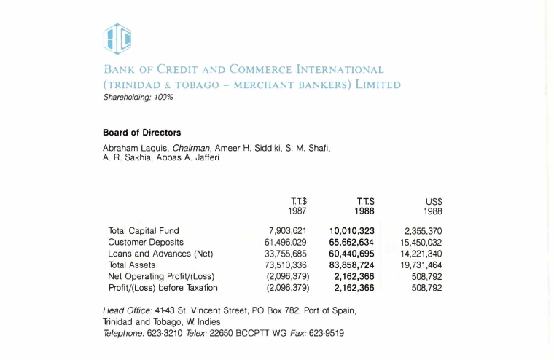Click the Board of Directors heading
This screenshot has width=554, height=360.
point(142,133)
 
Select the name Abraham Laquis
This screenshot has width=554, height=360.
point(127,149)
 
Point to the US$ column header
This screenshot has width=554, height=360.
point(434,202)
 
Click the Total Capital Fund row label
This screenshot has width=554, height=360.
point(144,231)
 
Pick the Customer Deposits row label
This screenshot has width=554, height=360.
point(146,242)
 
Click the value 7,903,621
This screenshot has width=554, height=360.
point(288,231)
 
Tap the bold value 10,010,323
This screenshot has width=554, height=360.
point(351,231)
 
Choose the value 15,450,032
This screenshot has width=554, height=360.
point(421,242)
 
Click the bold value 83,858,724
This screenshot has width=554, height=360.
point(351,265)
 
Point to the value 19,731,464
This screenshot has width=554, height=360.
point(421,265)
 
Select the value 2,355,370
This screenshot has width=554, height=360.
point(424,231)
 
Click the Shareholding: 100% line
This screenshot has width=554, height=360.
point(138,97)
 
